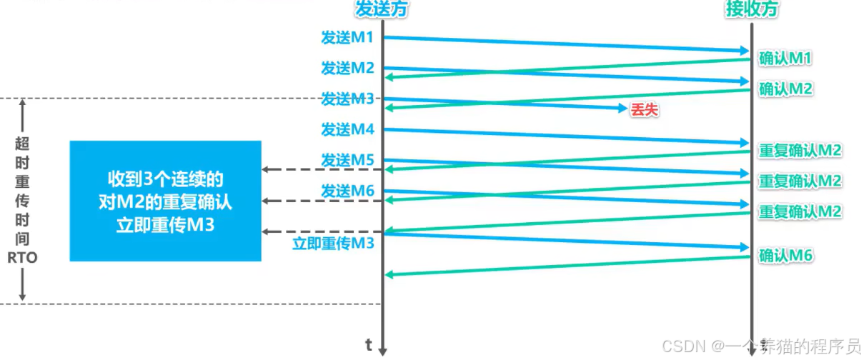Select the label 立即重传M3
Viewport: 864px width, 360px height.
click(334, 244)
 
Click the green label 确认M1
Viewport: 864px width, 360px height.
click(786, 58)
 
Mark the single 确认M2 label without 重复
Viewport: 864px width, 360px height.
click(786, 89)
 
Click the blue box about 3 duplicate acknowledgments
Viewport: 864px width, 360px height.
click(165, 201)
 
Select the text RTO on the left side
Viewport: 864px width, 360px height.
click(23, 259)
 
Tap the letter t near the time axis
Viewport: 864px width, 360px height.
click(369, 346)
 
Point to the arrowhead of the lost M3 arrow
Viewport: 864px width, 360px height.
click(622, 108)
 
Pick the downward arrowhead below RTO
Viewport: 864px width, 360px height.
click(23, 296)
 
